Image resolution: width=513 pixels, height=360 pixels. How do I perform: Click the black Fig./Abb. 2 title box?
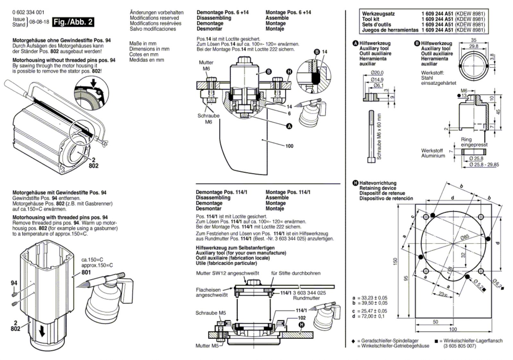[x=73, y=22]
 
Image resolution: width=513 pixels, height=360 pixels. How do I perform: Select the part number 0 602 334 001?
[x=29, y=13]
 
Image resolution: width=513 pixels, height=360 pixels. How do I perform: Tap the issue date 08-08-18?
[x=39, y=22]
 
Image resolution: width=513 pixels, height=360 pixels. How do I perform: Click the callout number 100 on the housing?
[x=289, y=146]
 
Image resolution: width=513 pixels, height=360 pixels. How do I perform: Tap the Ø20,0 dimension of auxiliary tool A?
[x=377, y=73]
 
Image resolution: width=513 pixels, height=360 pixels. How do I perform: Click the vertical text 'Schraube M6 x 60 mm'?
[x=379, y=137]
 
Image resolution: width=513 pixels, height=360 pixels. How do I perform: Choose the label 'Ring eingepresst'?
[x=474, y=142]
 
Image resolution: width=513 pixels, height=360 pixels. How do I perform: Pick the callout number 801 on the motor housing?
[x=86, y=272]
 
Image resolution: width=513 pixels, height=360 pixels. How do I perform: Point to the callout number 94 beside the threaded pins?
[x=14, y=283]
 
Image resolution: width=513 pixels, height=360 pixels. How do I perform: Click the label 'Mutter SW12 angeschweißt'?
[x=227, y=273]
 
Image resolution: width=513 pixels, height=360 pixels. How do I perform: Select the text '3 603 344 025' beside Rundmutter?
[x=309, y=293]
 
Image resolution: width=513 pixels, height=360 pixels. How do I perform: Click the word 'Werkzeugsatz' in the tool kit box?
[x=378, y=14]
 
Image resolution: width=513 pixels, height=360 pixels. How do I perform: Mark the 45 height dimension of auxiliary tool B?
[x=498, y=112]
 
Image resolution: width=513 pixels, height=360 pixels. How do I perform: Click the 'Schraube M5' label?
[x=210, y=313]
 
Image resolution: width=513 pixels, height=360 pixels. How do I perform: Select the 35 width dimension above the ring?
[x=474, y=40]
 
